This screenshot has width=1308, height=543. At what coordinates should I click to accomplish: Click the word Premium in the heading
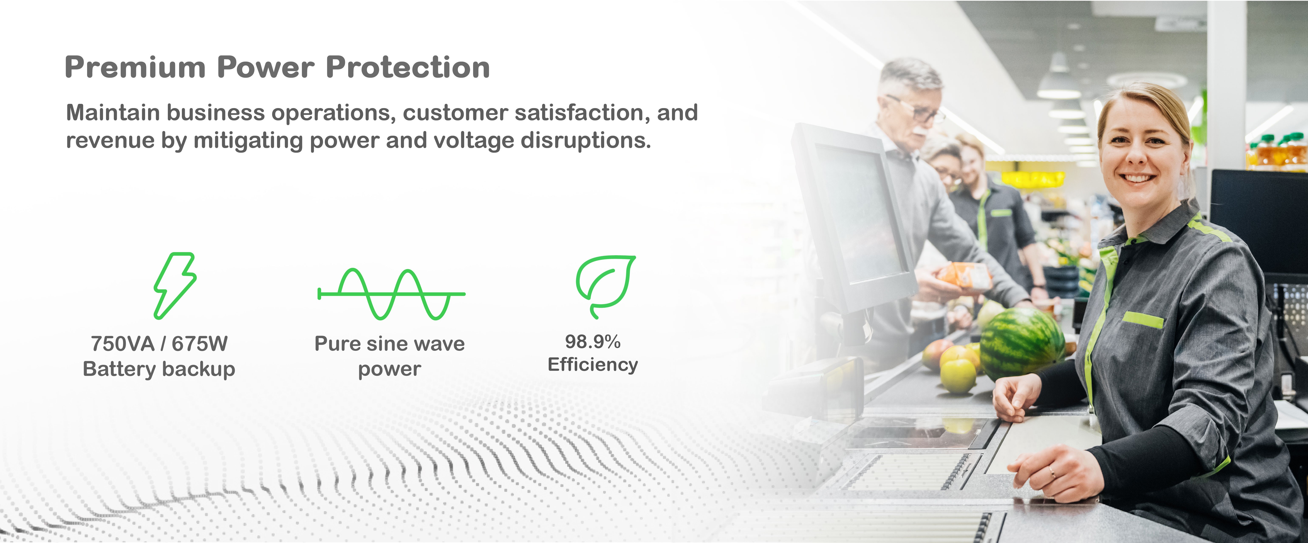pos(135,68)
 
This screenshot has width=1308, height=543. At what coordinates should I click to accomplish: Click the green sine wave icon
pos(391,294)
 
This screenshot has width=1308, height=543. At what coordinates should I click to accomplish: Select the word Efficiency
pos(592,365)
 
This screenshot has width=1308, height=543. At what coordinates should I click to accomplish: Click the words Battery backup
pos(159,369)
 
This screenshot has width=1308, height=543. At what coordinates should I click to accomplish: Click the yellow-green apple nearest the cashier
pos(958,375)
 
